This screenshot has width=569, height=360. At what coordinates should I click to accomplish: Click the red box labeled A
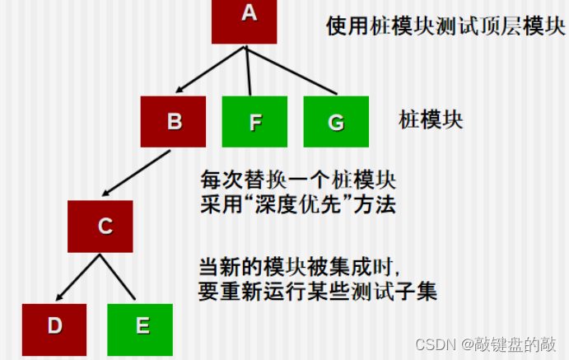(245, 21)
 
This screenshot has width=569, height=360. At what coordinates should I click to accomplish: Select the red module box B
(174, 122)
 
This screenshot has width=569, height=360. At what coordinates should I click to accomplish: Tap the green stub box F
(254, 122)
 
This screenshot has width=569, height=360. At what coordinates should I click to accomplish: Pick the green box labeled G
(335, 122)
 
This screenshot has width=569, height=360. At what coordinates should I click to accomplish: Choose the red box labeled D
(54, 326)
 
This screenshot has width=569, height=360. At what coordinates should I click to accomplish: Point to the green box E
(141, 326)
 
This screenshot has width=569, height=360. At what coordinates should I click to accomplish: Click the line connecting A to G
(292, 69)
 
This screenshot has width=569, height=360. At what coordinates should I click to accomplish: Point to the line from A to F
(249, 70)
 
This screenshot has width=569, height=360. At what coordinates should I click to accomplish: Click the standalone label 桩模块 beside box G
(431, 121)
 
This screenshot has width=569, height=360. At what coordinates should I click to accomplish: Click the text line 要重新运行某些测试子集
(317, 292)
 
